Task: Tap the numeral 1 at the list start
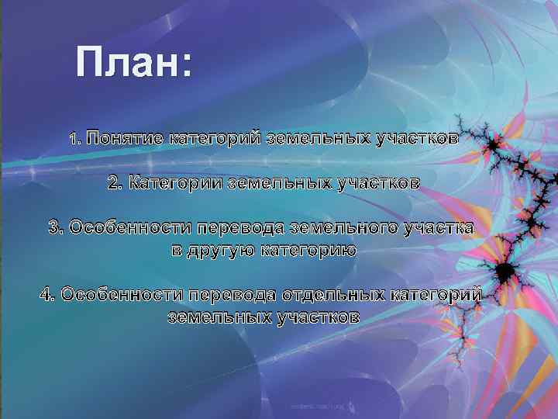[x=73, y=140]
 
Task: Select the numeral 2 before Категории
[x=114, y=183]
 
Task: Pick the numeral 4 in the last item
[x=46, y=295]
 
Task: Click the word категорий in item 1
[x=215, y=139]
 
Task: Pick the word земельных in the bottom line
[x=218, y=317]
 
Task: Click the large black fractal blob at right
[x=505, y=271]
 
